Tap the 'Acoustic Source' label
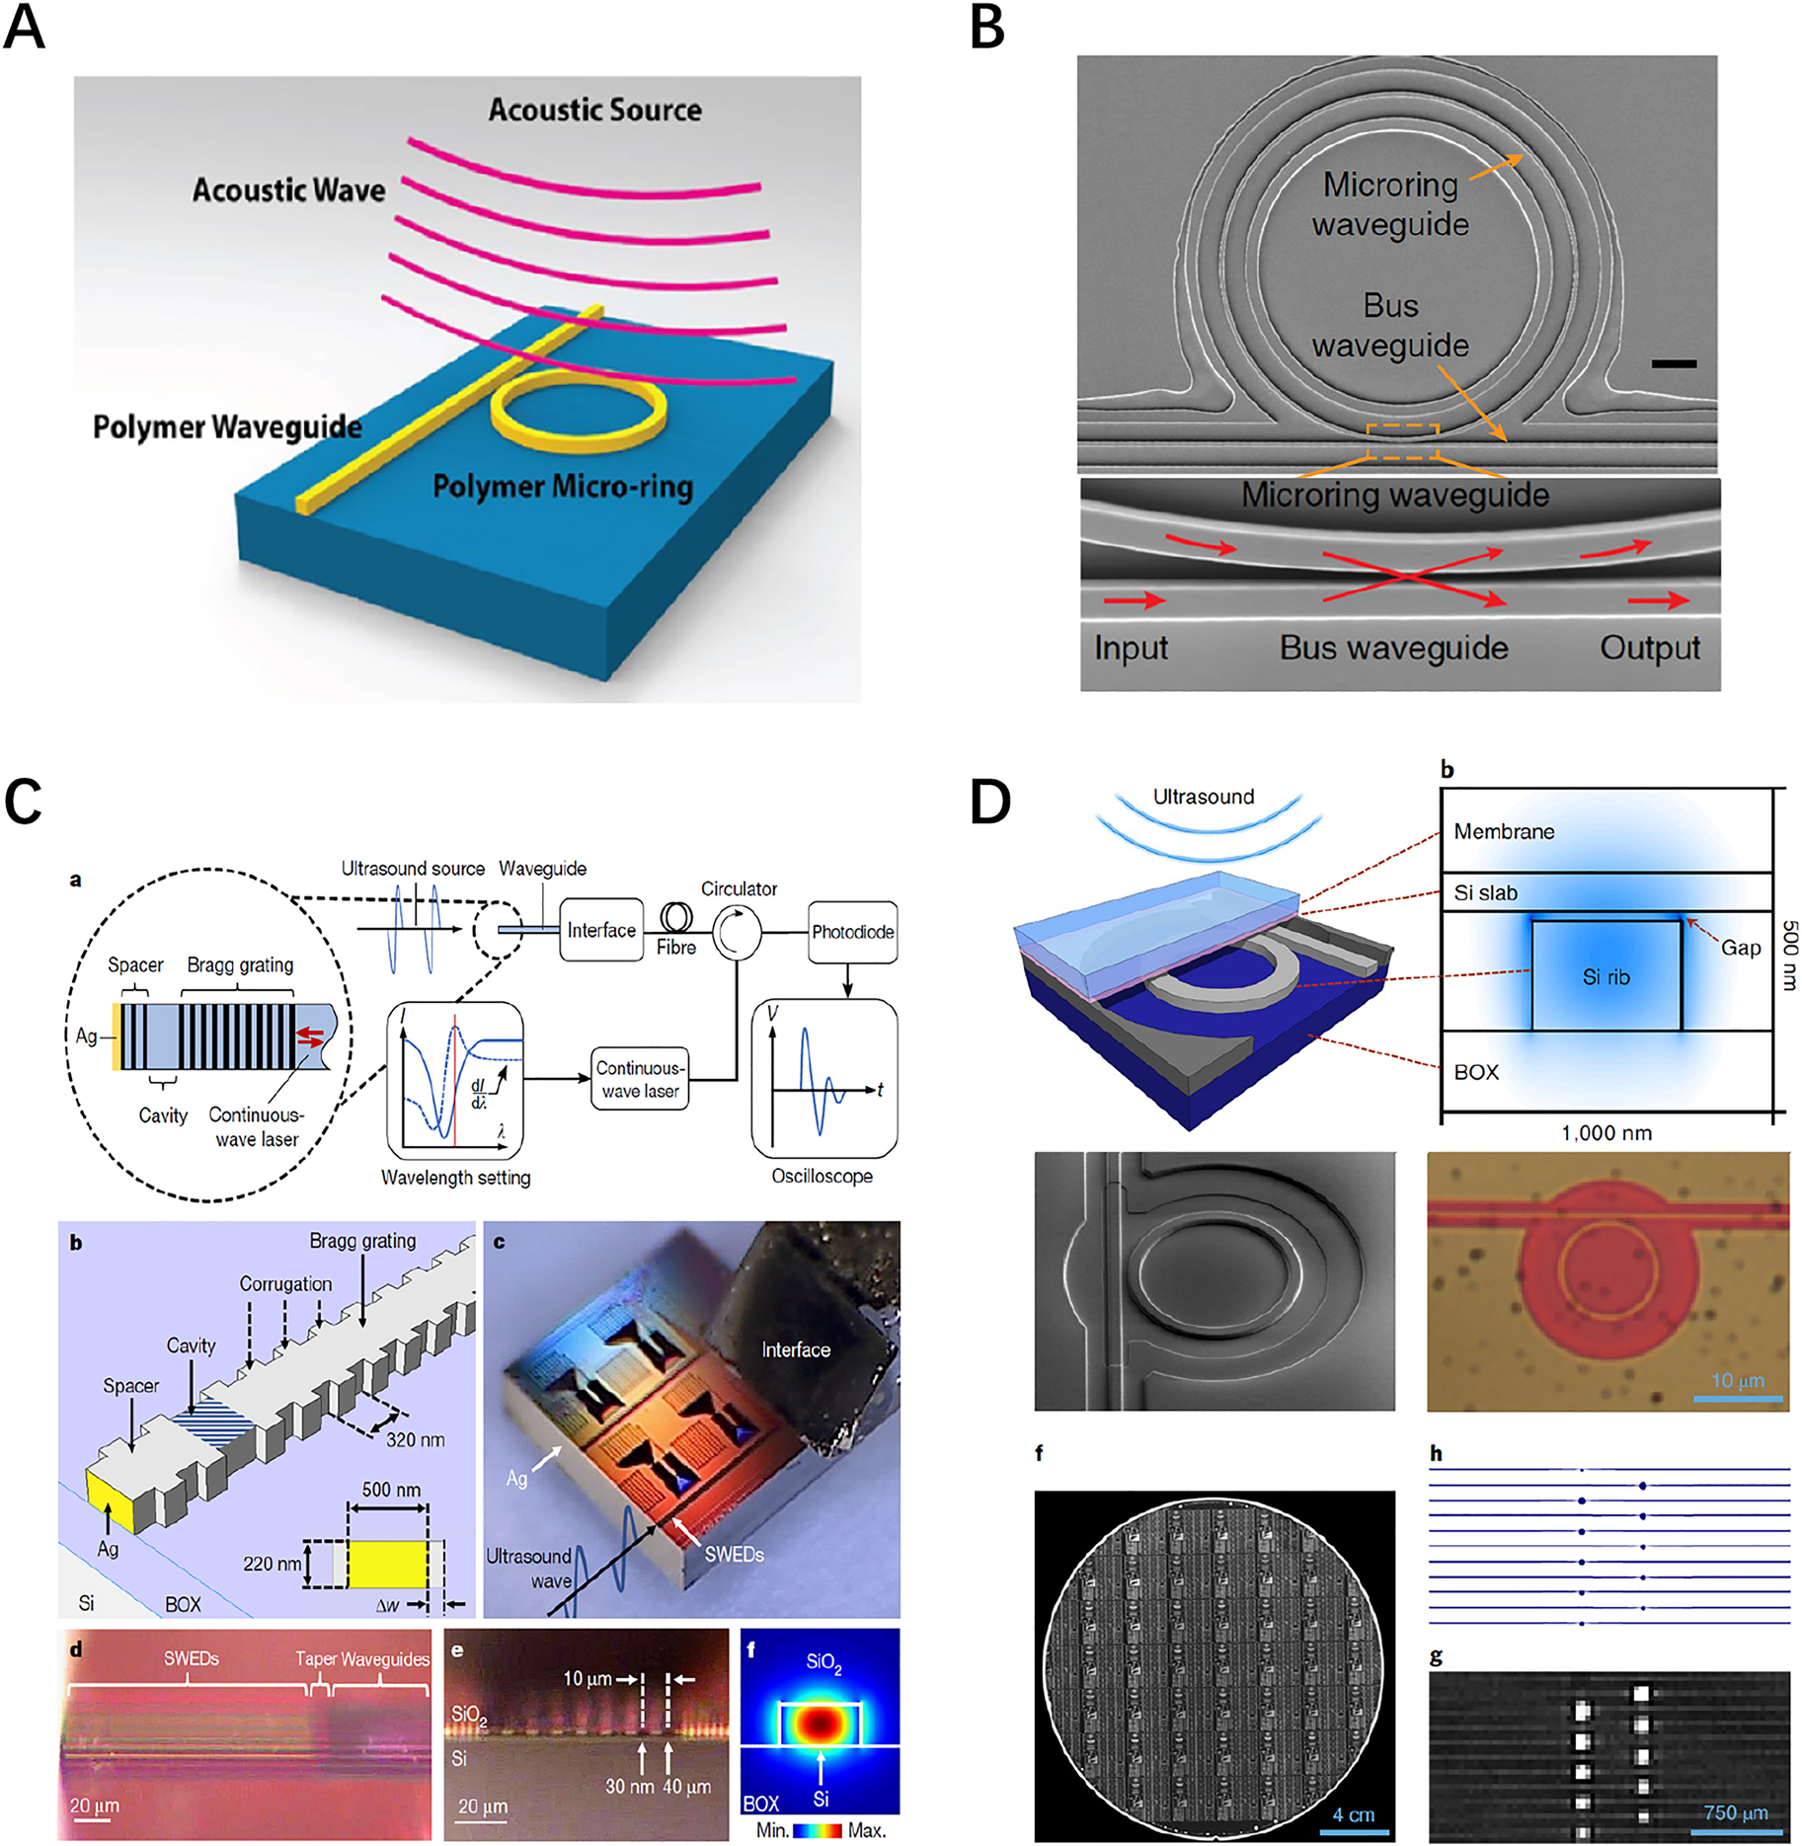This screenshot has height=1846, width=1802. [x=594, y=110]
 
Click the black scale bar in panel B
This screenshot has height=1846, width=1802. [x=1674, y=364]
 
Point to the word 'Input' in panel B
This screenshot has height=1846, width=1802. [x=1131, y=648]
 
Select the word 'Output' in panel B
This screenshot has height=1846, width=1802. [x=1650, y=648]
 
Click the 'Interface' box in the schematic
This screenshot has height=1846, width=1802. [x=601, y=930]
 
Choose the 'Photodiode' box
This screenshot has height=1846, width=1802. [x=852, y=932]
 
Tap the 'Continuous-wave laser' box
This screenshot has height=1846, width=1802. [x=640, y=1079]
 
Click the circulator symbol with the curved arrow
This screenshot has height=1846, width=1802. [x=738, y=931]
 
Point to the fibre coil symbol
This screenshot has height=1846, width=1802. [x=676, y=918]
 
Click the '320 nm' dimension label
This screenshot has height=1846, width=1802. [x=415, y=1440]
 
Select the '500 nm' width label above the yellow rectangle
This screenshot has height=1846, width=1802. [x=391, y=1490]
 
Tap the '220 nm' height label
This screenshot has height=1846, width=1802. [x=273, y=1564]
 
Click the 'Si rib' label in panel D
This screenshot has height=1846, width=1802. [x=1606, y=977]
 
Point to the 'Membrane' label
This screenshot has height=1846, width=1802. [x=1504, y=831]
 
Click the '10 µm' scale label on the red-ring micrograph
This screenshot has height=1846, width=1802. [x=1737, y=1380]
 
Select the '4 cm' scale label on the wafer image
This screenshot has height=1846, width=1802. [x=1353, y=1814]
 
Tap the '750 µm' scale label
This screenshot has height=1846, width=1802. [x=1735, y=1812]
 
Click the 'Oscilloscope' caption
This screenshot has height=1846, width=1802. [x=822, y=1176]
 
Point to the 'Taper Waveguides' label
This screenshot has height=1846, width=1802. [x=362, y=1659]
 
